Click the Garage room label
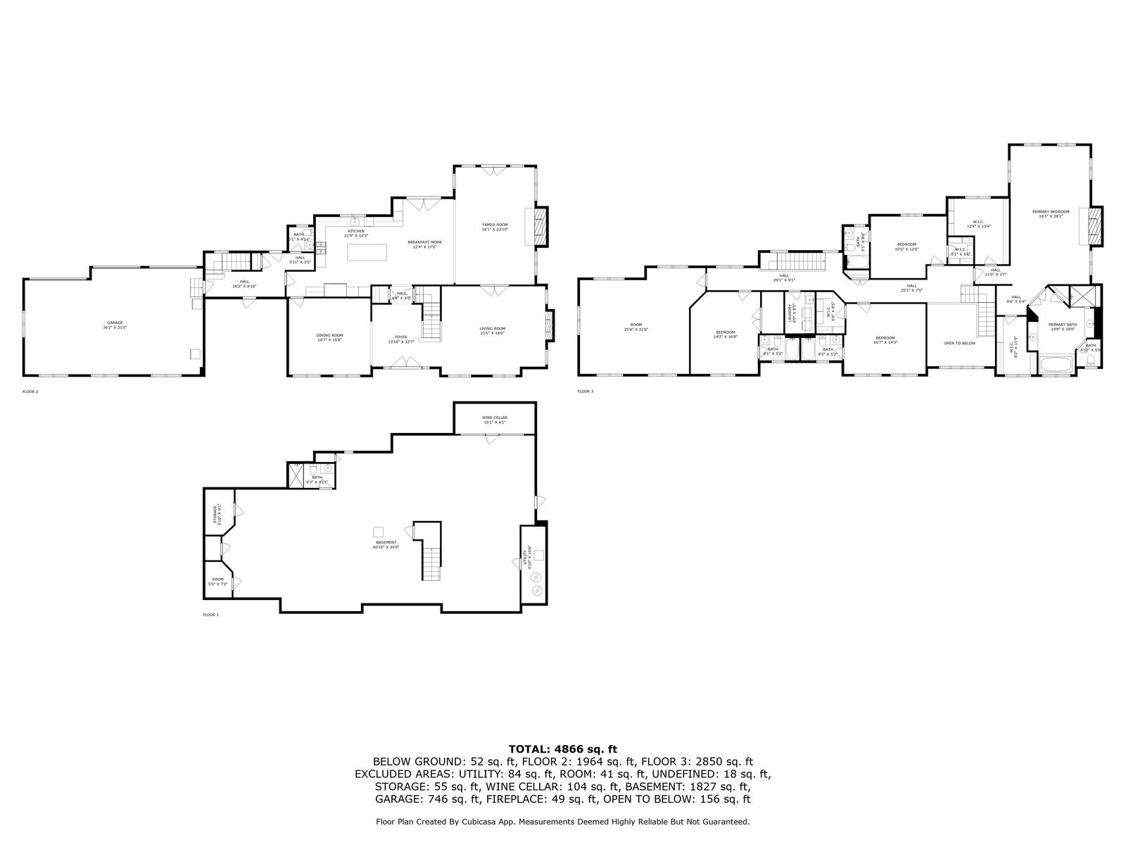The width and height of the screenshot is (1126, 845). (x=115, y=325)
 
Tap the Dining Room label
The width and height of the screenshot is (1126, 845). (x=329, y=337)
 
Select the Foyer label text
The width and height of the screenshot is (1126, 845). (x=401, y=339)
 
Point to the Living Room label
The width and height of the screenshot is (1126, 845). (x=493, y=330)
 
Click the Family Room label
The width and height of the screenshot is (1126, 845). (x=495, y=227)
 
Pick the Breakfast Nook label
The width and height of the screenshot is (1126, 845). (x=425, y=244)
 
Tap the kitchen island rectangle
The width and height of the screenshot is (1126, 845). (x=369, y=252)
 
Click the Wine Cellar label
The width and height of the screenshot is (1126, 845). (x=495, y=420)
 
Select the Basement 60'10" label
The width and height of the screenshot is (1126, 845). (x=386, y=544)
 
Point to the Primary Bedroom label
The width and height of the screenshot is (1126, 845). (x=1051, y=213)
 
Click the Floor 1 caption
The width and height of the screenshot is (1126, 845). (x=210, y=615)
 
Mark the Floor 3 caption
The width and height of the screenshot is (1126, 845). (x=586, y=391)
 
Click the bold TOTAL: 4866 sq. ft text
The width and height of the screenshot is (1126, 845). (x=562, y=749)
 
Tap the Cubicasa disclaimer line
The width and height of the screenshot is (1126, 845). (x=562, y=821)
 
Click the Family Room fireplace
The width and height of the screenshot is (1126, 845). (x=540, y=226)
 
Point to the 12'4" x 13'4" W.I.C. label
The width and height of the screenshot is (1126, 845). (x=978, y=224)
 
